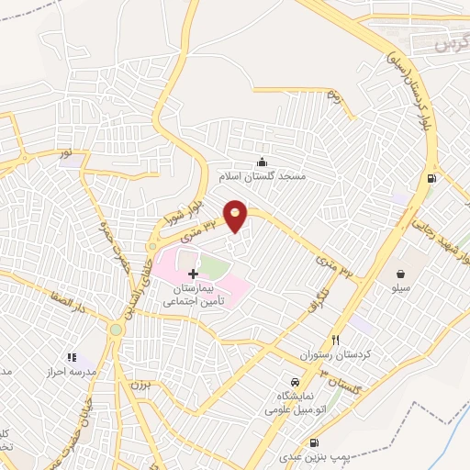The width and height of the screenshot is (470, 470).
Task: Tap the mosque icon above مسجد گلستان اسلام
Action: tap(264, 161)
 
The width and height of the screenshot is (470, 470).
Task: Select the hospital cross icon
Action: tap(192, 274)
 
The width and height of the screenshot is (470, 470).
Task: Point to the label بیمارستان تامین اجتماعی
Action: tap(193, 295)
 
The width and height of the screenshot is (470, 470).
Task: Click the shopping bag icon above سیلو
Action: tap(401, 273)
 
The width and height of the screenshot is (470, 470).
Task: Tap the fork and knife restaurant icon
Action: tap(335, 339)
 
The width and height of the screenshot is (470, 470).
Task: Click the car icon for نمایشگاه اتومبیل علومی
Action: tap(293, 380)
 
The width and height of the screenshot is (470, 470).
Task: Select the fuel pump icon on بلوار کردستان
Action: tap(430, 179)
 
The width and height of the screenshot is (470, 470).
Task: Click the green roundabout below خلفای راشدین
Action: tap(116, 329)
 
